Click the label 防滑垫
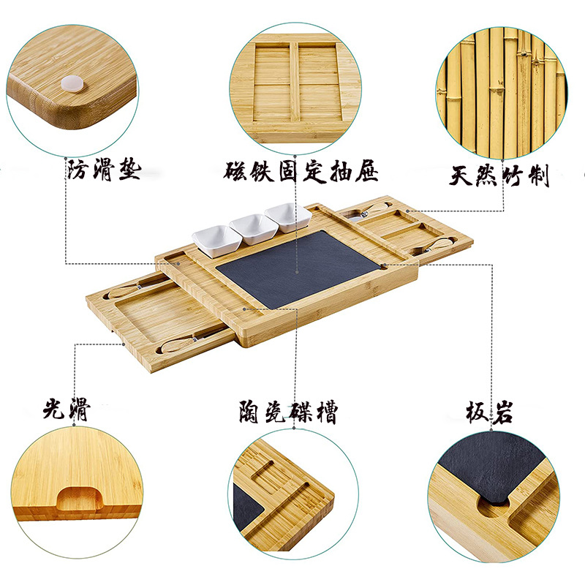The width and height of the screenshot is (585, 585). click(x=103, y=172)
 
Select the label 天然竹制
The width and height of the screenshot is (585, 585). click(x=499, y=176)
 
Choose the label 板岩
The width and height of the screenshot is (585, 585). click(x=489, y=412)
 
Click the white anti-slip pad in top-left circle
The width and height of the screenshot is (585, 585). click(x=71, y=84)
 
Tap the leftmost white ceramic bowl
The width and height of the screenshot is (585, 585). click(x=213, y=241)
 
